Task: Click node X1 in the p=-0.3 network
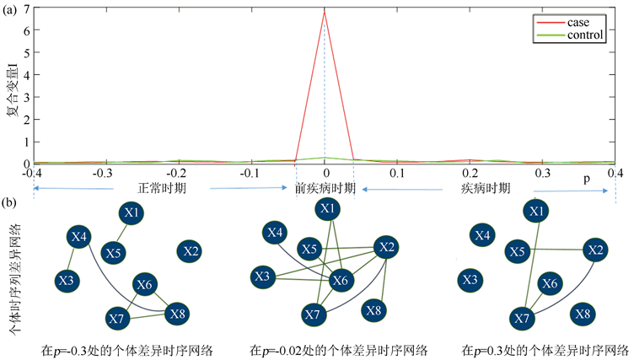click(131, 213)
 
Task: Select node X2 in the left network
click(190, 250)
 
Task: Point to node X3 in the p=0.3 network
click(471, 280)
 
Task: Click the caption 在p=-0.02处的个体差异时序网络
click(338, 348)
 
